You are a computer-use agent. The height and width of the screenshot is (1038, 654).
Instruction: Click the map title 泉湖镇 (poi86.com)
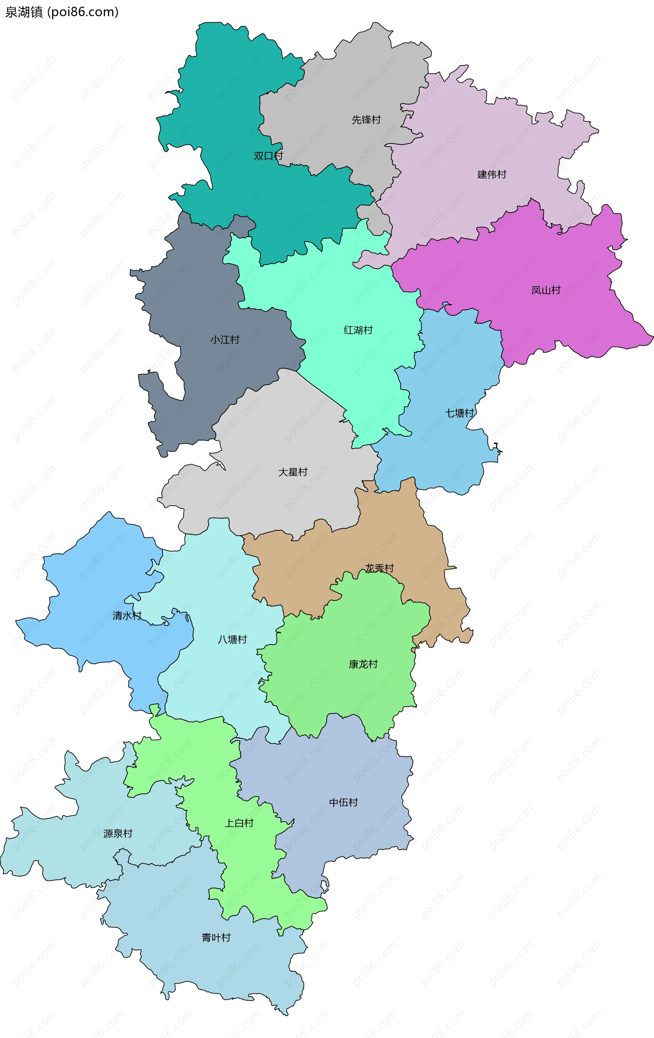click(x=62, y=12)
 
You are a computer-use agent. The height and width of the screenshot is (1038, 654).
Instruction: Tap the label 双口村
click(x=268, y=156)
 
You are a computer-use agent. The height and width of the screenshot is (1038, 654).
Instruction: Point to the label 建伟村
click(x=492, y=174)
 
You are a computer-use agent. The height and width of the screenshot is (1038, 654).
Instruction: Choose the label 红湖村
click(x=358, y=330)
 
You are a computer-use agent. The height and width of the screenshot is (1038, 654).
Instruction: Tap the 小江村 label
click(x=225, y=340)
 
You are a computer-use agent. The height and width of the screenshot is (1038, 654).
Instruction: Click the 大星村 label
click(x=293, y=472)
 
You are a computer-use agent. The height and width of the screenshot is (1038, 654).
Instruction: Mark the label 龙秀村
click(x=379, y=568)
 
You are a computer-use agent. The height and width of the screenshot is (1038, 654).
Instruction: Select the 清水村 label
click(x=127, y=615)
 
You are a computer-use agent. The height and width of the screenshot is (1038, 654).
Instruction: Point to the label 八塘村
click(x=232, y=639)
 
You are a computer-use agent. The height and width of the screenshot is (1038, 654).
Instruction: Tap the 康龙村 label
click(x=363, y=664)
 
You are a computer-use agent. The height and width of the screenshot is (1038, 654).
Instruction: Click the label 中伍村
click(x=343, y=802)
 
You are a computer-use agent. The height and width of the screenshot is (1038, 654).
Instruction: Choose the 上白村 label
click(x=239, y=823)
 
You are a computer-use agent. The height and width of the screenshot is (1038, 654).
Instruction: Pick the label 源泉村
click(x=118, y=833)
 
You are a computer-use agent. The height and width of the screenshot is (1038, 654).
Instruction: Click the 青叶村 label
click(x=216, y=937)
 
